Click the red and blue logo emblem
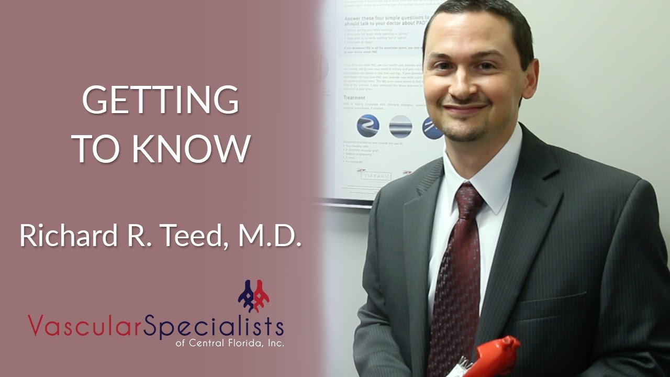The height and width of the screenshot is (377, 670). [254, 296]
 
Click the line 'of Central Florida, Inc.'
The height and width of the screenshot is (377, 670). [230, 344]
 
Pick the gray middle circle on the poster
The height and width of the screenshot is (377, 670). [400, 127]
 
